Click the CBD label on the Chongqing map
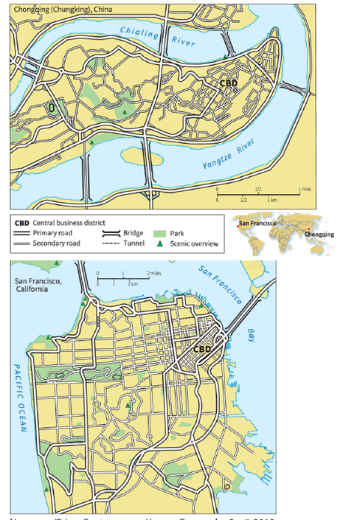pyautogui.click(x=229, y=83)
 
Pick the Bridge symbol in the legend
pyautogui.click(x=114, y=232)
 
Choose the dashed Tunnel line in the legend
pyautogui.click(x=113, y=242)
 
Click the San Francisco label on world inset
pyautogui.click(x=258, y=221)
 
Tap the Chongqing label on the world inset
pyautogui.click(x=319, y=234)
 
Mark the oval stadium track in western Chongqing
pyautogui.click(x=52, y=108)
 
